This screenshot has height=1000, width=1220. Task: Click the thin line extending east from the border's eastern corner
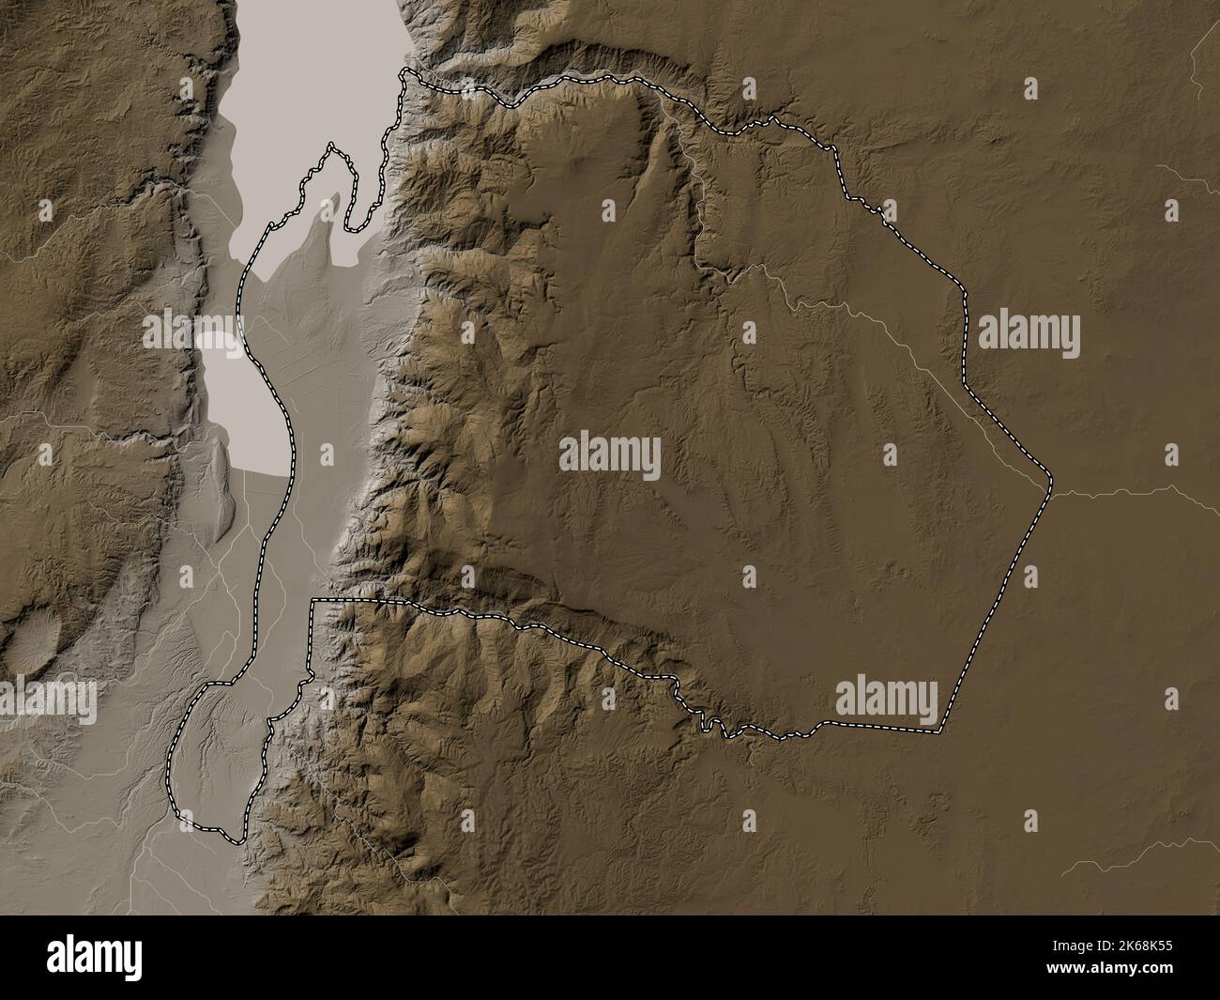[1126, 490]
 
